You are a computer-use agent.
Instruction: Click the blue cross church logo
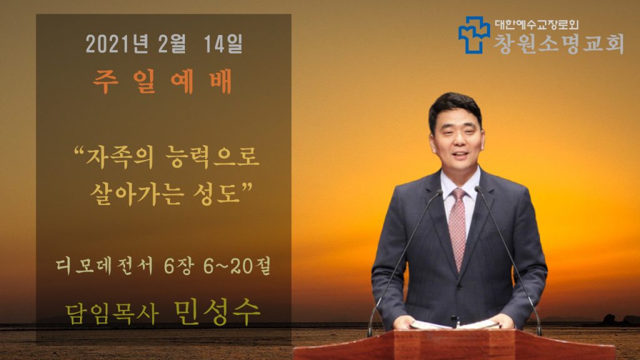tap(474, 35)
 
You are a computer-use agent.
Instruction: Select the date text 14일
tap(223, 44)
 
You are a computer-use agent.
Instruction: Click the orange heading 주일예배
tap(162, 82)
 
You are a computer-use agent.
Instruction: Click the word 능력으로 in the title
tap(212, 157)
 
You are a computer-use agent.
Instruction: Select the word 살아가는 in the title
tap(137, 193)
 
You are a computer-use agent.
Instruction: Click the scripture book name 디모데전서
tap(104, 266)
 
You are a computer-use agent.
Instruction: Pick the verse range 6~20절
tap(237, 266)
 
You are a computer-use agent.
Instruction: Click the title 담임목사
tap(112, 314)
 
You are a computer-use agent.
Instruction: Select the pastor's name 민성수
tap(217, 312)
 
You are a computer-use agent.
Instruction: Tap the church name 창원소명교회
tap(559, 44)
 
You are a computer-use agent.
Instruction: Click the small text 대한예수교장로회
tap(537, 24)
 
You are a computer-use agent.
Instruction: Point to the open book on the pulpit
tap(455, 325)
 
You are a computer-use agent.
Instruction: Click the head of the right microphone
tap(477, 189)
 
